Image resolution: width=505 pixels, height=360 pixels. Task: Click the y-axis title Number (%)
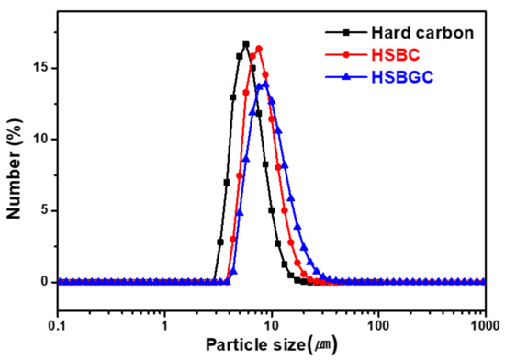pyautogui.click(x=15, y=167)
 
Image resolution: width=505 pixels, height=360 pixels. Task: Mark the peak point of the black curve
pyautogui.click(x=246, y=44)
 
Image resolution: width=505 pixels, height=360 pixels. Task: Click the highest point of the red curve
pyautogui.click(x=259, y=49)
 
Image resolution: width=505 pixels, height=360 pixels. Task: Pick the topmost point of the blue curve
pyautogui.click(x=265, y=84)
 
